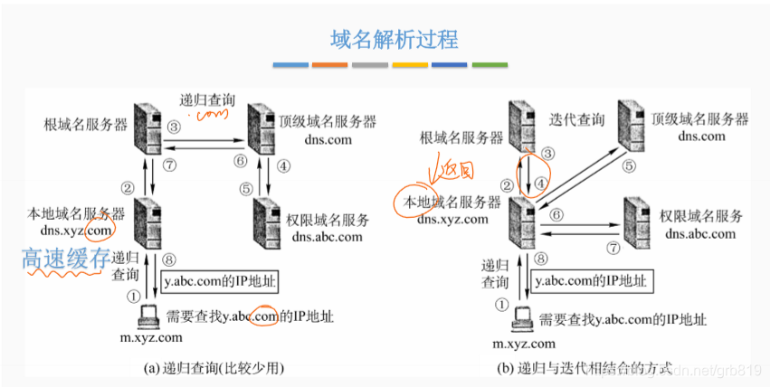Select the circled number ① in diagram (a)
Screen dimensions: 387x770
pos(134,293)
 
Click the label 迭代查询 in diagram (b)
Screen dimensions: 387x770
pos(577,119)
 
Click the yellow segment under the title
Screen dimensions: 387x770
pos(410,65)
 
